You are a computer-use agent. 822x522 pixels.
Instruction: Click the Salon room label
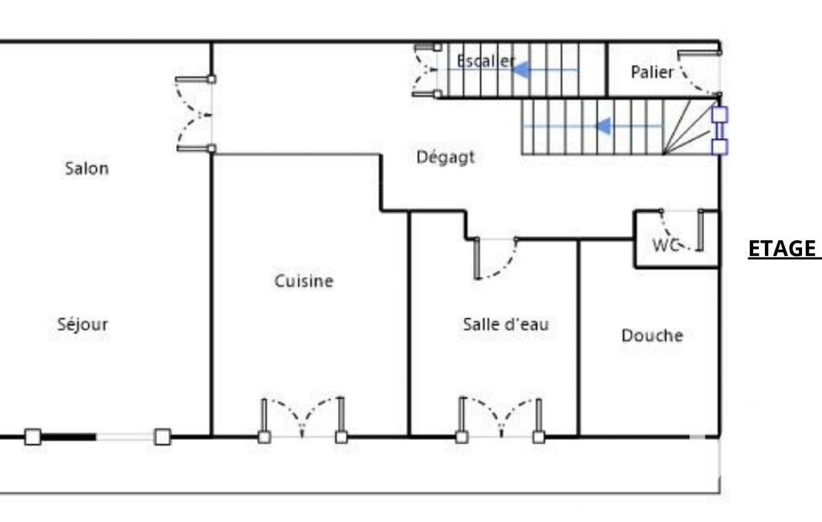[87, 169]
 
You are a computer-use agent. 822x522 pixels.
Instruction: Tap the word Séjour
[83, 324]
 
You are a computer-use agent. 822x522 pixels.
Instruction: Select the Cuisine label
[304, 281]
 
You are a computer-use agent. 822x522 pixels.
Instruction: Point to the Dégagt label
[446, 157]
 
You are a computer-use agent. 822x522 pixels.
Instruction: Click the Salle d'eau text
[506, 324]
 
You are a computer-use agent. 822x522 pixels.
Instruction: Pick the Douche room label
[652, 336]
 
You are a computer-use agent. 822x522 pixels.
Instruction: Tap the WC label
[666, 245]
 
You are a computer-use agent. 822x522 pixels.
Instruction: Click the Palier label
[652, 72]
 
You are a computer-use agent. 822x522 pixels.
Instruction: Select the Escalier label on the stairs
[486, 61]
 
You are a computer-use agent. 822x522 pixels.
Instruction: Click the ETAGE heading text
[782, 248]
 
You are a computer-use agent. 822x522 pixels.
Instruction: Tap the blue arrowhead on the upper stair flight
[521, 69]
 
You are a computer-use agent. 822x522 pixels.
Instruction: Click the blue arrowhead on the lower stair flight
[603, 126]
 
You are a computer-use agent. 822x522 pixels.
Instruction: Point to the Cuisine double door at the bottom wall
[302, 418]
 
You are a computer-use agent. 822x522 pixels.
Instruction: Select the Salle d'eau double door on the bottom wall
[500, 418]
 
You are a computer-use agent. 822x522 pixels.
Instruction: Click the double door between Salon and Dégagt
[195, 114]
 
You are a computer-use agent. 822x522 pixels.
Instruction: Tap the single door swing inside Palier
[699, 73]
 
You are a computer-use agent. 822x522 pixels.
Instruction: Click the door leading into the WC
[682, 230]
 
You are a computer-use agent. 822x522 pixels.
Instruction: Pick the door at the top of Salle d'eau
[496, 258]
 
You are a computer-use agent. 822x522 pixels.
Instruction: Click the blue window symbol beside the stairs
[720, 131]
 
